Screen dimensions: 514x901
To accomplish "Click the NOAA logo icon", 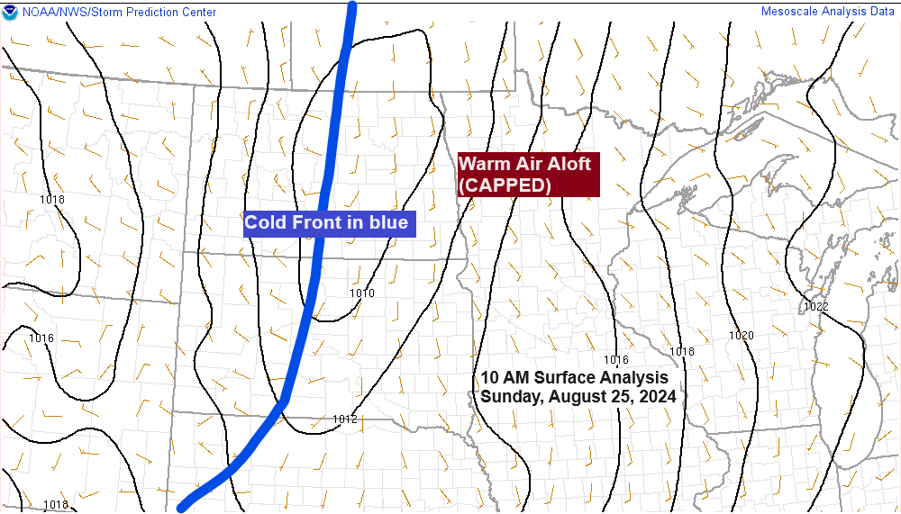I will (x=10, y=13).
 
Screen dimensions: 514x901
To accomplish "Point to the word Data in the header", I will (x=881, y=12).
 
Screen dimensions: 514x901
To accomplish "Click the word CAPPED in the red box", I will (x=505, y=185).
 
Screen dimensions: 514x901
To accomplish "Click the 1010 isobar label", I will (x=361, y=293).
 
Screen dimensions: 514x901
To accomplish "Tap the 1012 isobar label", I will (x=344, y=419).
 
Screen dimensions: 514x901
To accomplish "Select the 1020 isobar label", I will (x=741, y=336).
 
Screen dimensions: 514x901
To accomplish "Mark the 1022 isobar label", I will (x=815, y=307).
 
